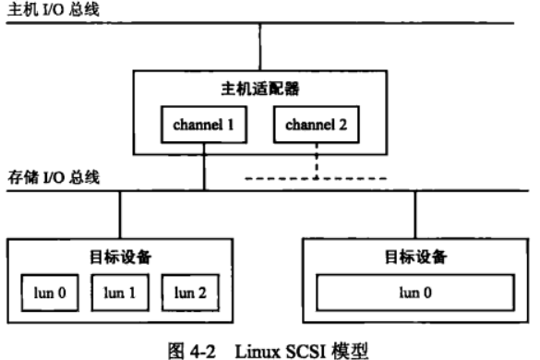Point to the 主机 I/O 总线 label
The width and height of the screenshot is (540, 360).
tap(42, 8)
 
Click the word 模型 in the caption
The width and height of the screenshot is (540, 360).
tap(330, 348)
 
